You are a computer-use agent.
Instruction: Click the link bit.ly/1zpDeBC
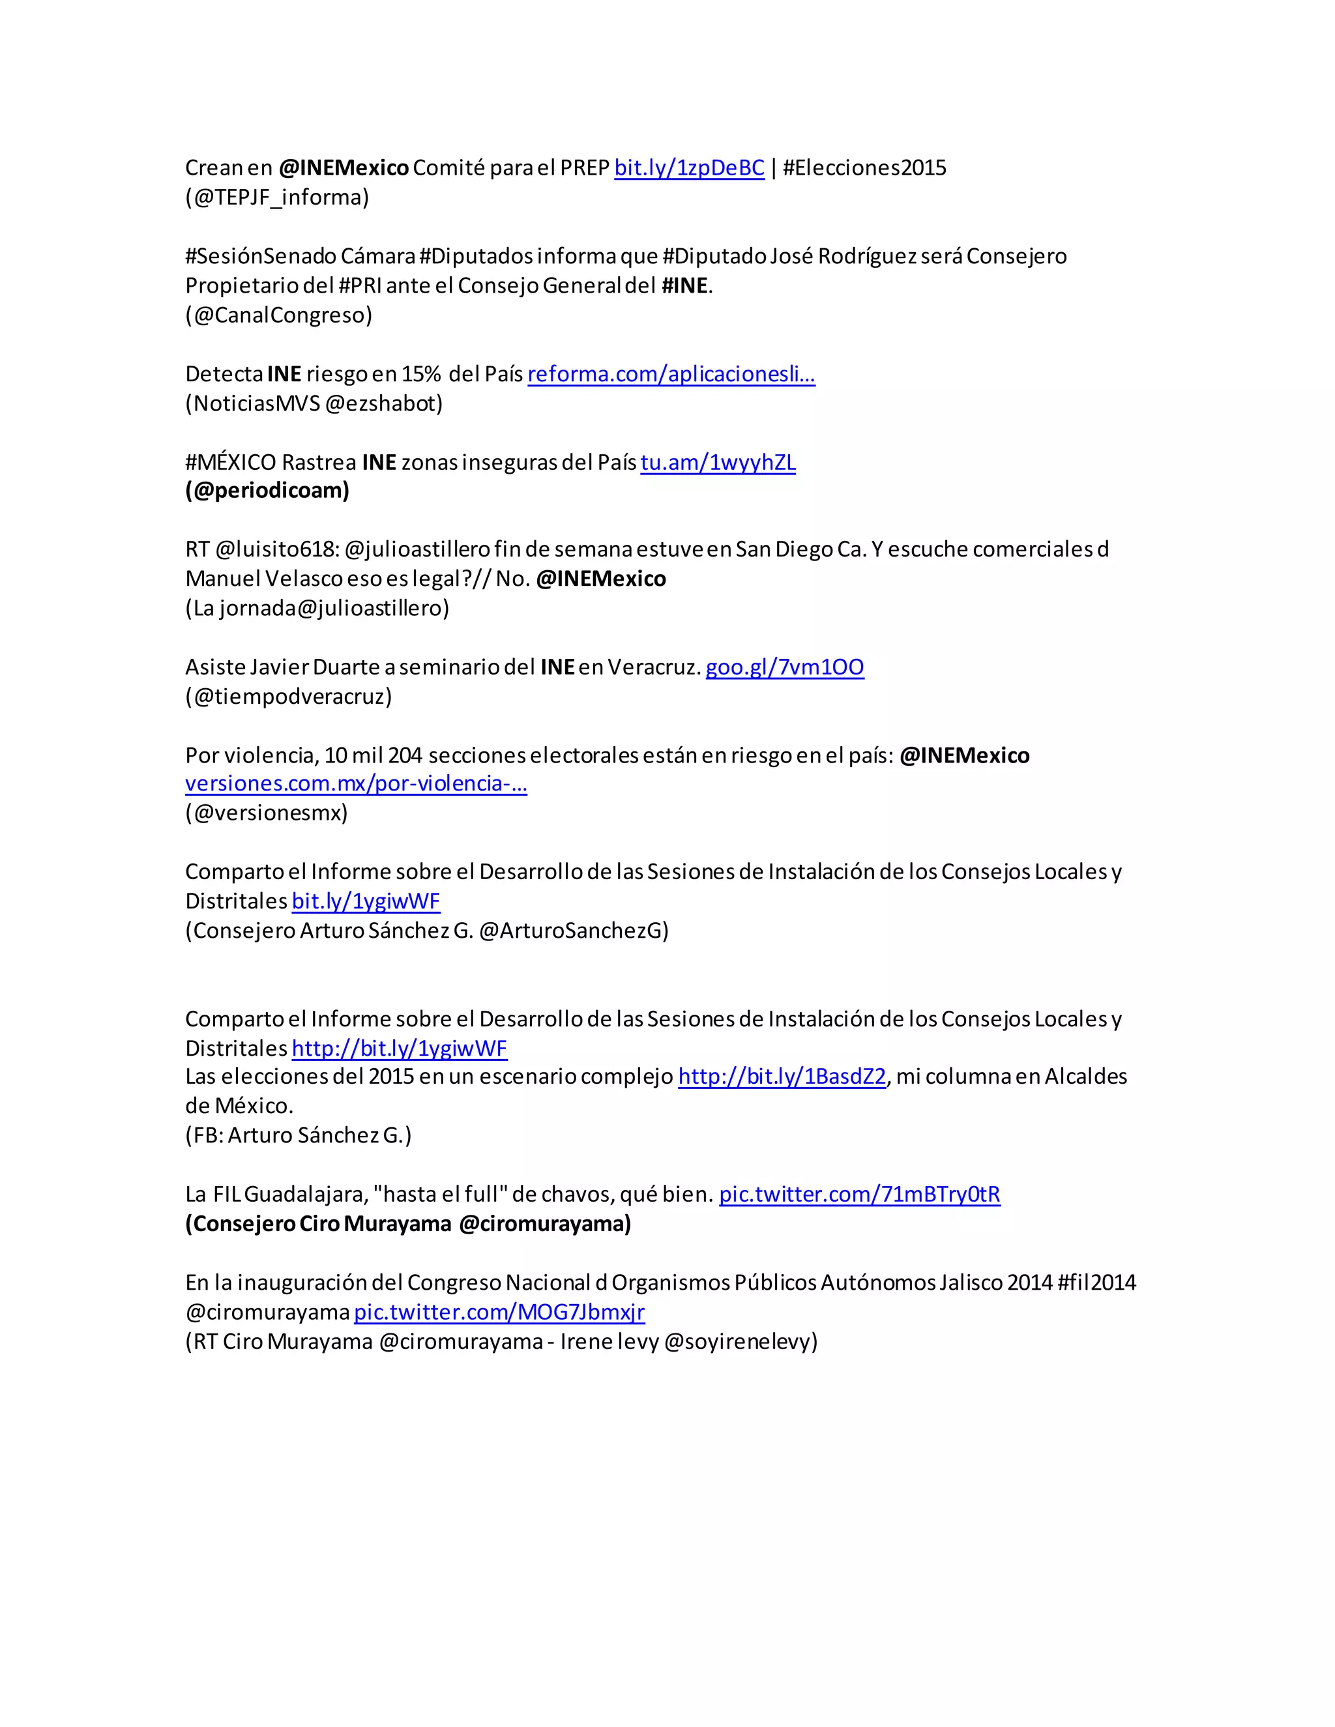tap(689, 167)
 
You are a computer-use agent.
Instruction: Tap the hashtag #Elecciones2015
tap(864, 167)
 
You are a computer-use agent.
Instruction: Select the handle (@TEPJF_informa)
tap(277, 197)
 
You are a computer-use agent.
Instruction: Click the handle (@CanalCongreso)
tap(278, 315)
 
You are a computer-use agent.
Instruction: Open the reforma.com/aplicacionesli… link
tap(671, 374)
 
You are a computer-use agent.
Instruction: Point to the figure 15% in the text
tap(422, 374)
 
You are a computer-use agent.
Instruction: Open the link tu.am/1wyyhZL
tap(717, 462)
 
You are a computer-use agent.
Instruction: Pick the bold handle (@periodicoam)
tap(267, 490)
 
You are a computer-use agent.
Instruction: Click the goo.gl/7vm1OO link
tap(785, 667)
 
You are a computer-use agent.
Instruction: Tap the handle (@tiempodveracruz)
tap(289, 696)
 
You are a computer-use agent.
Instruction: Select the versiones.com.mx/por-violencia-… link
tap(356, 783)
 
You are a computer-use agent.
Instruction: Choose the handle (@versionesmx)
tap(267, 812)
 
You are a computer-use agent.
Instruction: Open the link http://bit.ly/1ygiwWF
tap(400, 1048)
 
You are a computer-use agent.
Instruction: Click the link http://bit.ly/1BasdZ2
tap(782, 1076)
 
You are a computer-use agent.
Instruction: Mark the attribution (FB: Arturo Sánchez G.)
tap(298, 1135)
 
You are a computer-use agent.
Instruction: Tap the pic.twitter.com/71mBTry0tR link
tap(859, 1194)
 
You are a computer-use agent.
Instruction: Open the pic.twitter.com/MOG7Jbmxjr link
tap(499, 1312)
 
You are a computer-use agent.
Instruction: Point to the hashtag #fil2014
tap(1096, 1282)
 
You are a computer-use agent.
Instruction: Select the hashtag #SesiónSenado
tap(260, 256)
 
